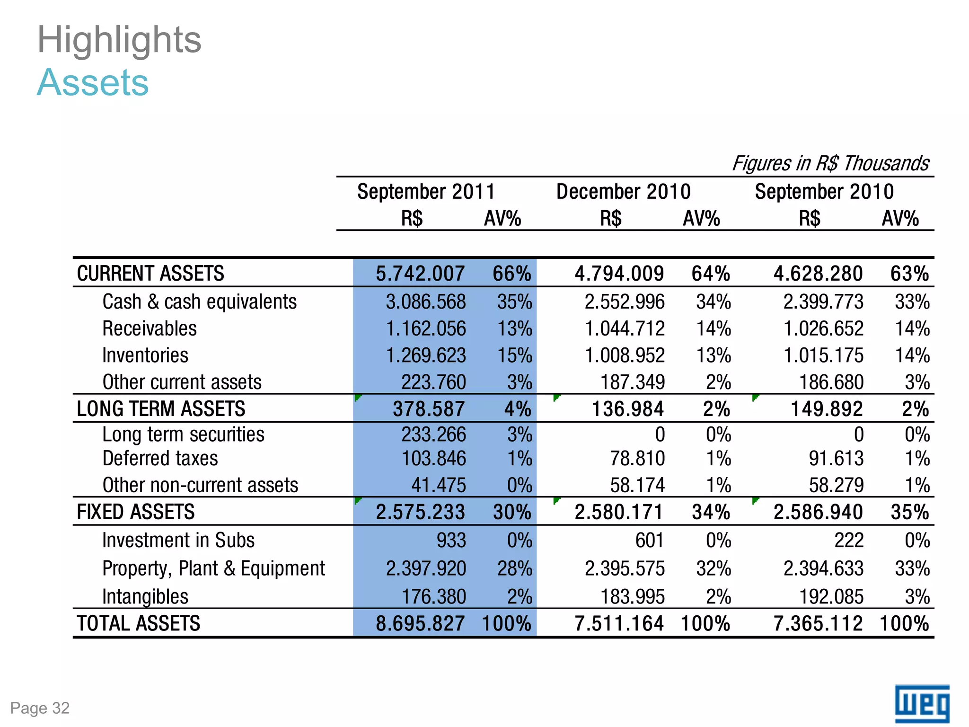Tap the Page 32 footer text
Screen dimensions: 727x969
40,708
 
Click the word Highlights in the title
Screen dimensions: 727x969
119,40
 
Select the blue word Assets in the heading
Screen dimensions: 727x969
93,83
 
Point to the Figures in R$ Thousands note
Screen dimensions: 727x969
830,163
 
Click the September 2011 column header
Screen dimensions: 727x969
426,192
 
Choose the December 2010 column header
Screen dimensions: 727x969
623,192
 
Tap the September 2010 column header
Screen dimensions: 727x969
824,192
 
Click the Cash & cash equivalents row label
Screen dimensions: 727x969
199,301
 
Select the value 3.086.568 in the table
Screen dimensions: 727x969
425,302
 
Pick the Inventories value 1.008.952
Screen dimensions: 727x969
625,355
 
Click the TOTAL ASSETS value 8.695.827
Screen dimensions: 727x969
420,623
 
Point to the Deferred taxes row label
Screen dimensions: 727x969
160,458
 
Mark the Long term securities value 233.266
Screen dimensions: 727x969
433,434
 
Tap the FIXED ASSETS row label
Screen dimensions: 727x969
136,512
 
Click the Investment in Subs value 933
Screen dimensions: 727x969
451,541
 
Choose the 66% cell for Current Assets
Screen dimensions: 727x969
511,274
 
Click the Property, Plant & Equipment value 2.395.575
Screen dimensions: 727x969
625,568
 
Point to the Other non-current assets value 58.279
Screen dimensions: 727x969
836,485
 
